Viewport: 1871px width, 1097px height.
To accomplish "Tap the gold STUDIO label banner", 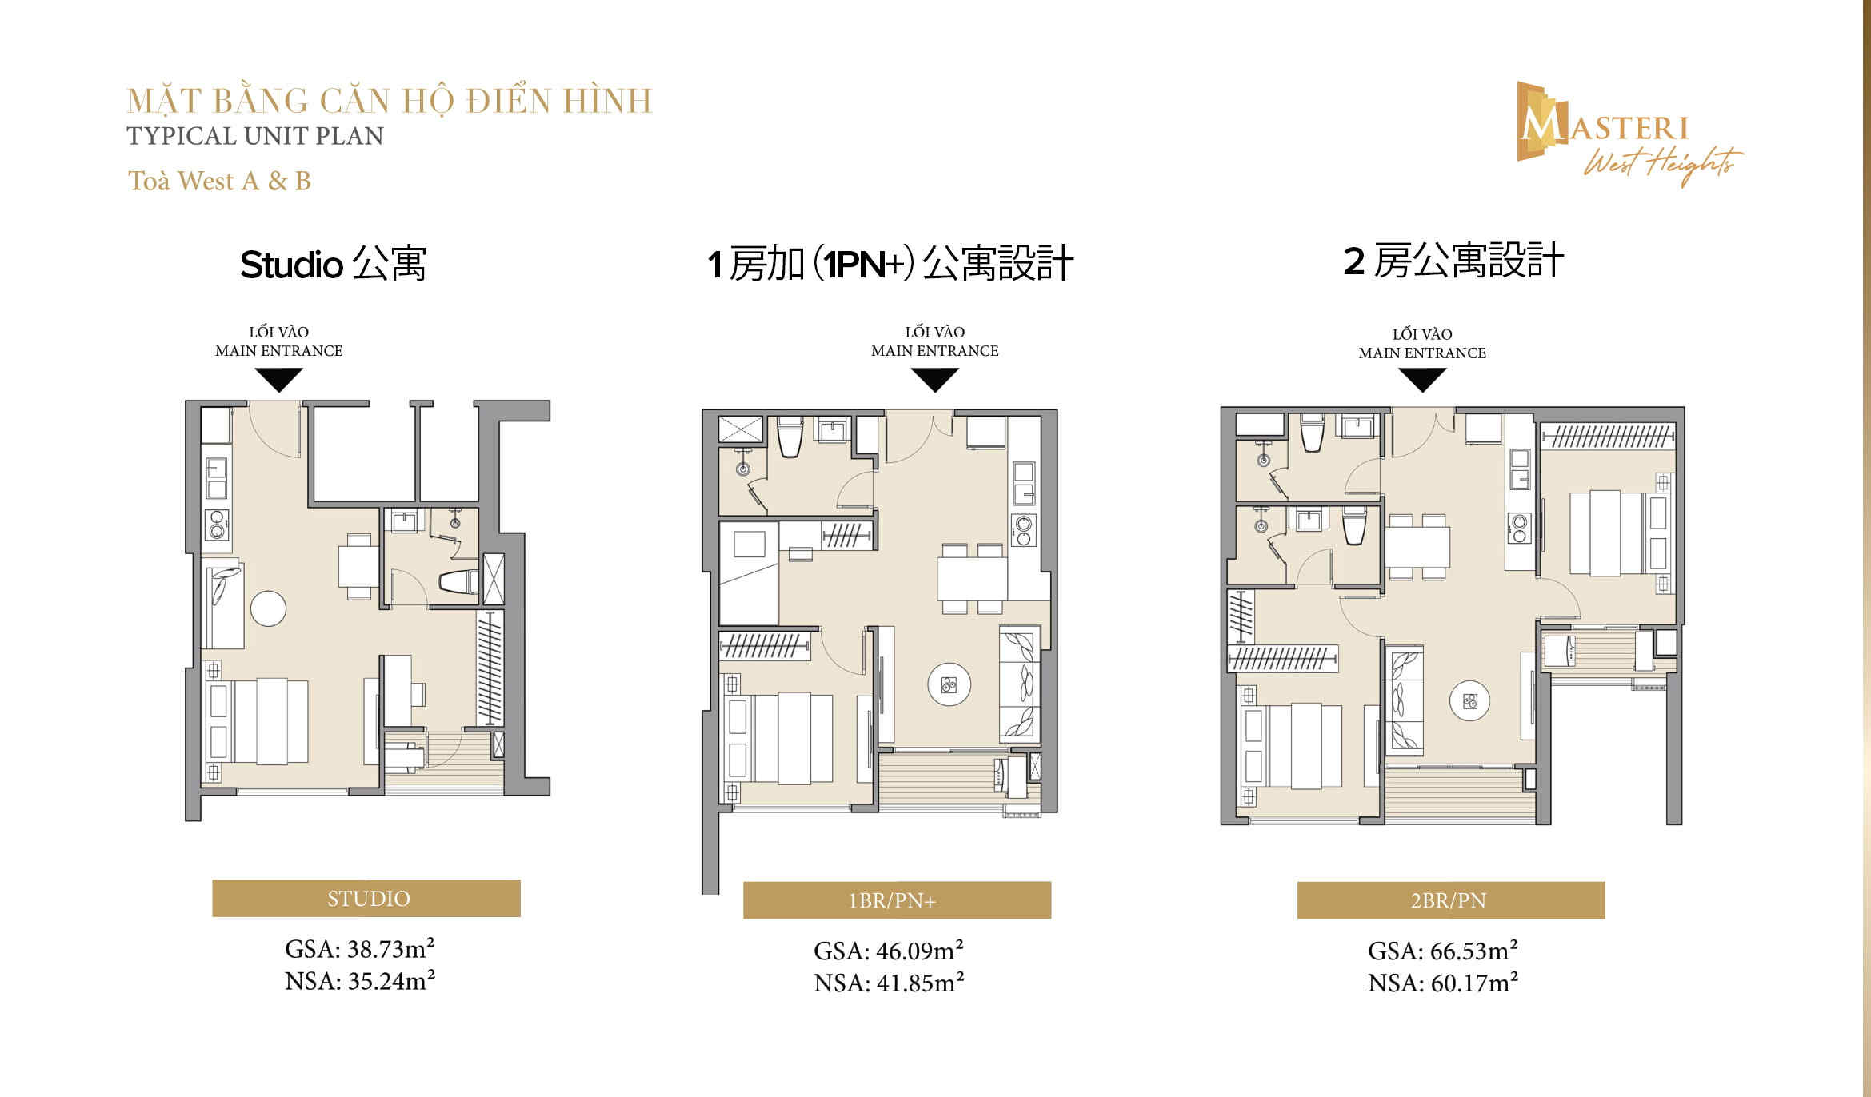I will pyautogui.click(x=366, y=899).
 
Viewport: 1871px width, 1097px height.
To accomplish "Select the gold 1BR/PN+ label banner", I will pyautogui.click(x=897, y=901).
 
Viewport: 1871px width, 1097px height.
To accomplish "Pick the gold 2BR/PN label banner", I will pyautogui.click(x=1450, y=901).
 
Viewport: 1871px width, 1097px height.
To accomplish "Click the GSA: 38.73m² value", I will pyautogui.click(x=360, y=949).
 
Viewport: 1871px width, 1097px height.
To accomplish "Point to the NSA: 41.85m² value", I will pyautogui.click(x=889, y=983).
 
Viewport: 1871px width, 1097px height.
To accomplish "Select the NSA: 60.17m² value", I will pyautogui.click(x=1442, y=983).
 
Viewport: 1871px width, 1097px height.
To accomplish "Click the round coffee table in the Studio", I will pyautogui.click(x=268, y=608).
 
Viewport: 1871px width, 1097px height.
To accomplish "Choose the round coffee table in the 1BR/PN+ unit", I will pyautogui.click(x=949, y=684).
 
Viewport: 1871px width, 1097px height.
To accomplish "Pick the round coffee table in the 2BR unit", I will pyautogui.click(x=1470, y=701).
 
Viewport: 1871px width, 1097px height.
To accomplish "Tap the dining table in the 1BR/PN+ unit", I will pyautogui.click(x=972, y=578).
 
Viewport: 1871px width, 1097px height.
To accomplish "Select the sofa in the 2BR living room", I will pyautogui.click(x=1404, y=700).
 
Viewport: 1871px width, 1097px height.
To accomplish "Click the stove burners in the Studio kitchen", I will pyautogui.click(x=217, y=524).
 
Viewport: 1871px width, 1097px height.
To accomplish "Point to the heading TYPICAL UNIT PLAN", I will pyautogui.click(x=255, y=136).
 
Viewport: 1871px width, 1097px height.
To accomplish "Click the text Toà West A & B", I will pyautogui.click(x=219, y=182).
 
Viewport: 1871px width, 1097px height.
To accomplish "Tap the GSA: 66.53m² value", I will pyautogui.click(x=1442, y=951).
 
